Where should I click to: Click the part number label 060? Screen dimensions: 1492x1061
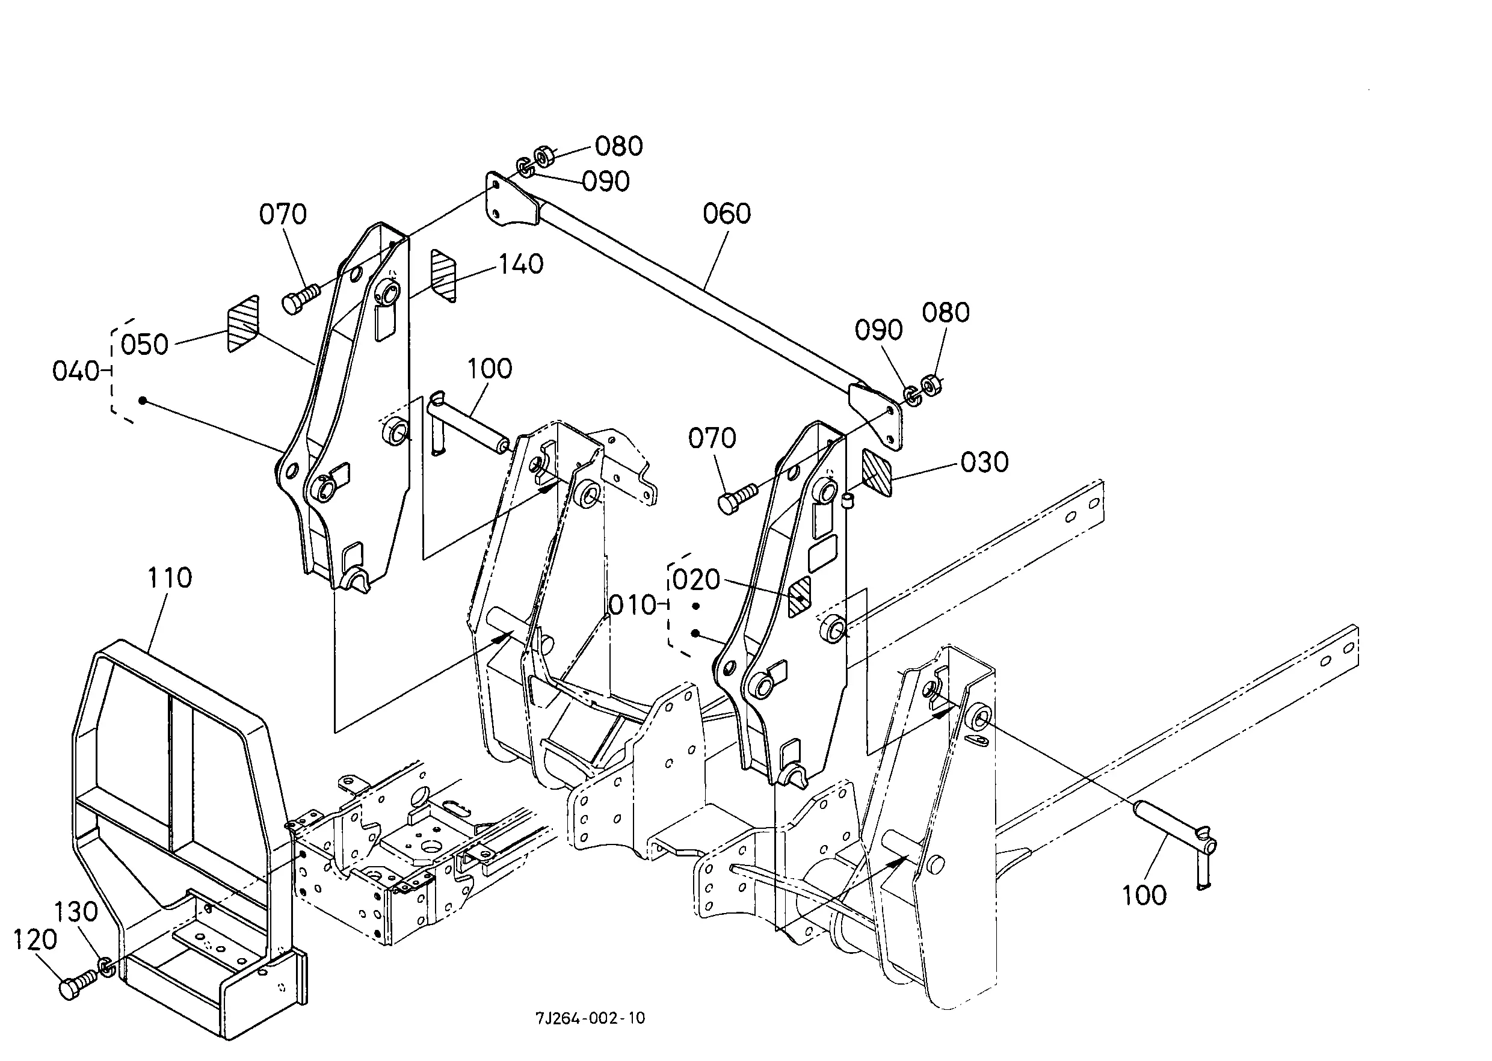click(x=727, y=214)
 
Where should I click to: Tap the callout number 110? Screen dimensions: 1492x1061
click(x=170, y=577)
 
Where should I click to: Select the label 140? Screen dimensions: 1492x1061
click(x=521, y=265)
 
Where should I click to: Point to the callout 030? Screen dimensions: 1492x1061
click(x=984, y=463)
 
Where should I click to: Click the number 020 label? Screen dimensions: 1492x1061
click(x=696, y=579)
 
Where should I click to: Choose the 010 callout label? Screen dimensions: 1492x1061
click(x=632, y=605)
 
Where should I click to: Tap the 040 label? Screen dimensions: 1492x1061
click(x=76, y=371)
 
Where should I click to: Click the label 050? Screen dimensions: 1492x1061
click(x=144, y=344)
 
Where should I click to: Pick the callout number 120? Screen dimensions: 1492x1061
click(x=35, y=940)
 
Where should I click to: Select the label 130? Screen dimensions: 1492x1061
click(x=76, y=911)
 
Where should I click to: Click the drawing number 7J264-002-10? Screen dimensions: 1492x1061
click(x=590, y=1018)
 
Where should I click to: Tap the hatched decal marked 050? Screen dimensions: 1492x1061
click(x=242, y=324)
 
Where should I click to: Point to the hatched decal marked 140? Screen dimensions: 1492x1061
click(x=443, y=275)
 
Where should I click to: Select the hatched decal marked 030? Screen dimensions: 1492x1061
click(x=877, y=472)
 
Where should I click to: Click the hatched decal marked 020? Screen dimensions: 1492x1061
click(x=800, y=597)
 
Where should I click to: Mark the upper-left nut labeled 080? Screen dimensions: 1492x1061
click(x=544, y=157)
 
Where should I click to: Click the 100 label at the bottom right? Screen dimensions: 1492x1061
click(x=1144, y=895)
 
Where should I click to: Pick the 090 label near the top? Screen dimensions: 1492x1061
click(x=606, y=182)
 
